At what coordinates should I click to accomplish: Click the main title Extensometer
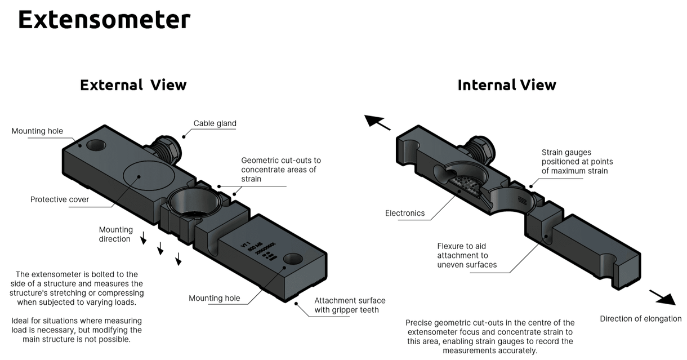[x=104, y=20]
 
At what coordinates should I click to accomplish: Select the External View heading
[x=133, y=85]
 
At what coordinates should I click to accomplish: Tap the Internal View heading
[x=506, y=85]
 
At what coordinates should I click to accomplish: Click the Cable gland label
[x=215, y=123]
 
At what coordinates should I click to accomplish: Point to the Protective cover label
[x=60, y=199]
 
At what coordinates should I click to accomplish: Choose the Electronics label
[x=404, y=213]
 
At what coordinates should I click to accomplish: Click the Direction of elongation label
[x=640, y=319]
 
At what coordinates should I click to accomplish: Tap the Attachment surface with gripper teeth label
[x=350, y=305]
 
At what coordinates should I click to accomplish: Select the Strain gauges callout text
[x=577, y=162]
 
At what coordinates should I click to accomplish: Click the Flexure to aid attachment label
[x=467, y=255]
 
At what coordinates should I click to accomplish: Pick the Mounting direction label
[x=115, y=234]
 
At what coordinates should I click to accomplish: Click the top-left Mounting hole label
[x=37, y=131]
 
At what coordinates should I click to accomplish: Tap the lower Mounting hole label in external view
[x=214, y=298]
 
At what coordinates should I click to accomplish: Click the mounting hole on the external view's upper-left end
[x=96, y=145]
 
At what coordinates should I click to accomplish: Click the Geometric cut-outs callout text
[x=280, y=170]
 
